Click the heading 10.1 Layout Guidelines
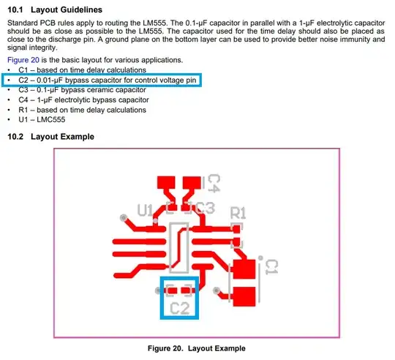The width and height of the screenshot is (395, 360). pos(55,10)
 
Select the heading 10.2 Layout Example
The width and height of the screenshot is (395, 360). pos(51,137)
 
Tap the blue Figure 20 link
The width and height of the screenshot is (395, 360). pos(23,60)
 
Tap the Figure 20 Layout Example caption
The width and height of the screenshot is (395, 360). pos(197,348)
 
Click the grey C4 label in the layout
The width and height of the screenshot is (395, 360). pos(214,183)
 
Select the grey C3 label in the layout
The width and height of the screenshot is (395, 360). pos(206,208)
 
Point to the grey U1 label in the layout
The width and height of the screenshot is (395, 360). pos(145,210)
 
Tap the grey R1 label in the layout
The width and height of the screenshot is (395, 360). pos(238,213)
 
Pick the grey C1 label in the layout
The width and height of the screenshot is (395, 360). pos(272,267)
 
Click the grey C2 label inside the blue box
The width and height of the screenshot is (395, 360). pos(180,308)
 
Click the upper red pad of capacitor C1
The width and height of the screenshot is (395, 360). pos(244,269)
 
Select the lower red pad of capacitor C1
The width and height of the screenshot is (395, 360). pos(244,296)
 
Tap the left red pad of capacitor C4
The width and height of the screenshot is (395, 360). pos(166,182)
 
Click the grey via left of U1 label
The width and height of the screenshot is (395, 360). pos(124,217)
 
